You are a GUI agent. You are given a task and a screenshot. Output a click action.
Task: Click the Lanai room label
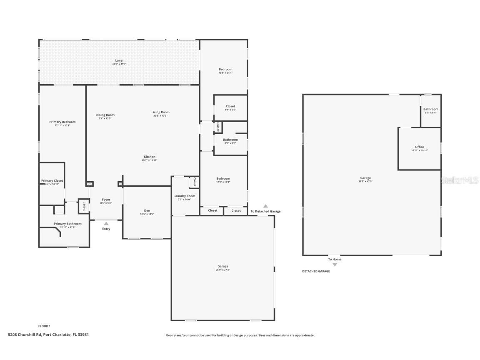coord(119,61)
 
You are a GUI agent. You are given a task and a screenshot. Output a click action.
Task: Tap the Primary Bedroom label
coord(62,122)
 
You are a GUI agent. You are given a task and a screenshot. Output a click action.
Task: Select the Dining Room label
coord(105,115)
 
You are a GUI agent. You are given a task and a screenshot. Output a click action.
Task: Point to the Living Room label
coord(160,112)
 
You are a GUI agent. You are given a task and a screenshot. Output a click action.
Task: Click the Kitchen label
coord(149,157)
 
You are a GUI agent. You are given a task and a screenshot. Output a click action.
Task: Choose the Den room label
coord(147,210)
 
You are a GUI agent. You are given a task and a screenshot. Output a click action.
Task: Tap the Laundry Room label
coord(184,196)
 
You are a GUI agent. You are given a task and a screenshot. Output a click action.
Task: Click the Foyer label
coord(106,200)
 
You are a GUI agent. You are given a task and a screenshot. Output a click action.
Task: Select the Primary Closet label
coord(52,181)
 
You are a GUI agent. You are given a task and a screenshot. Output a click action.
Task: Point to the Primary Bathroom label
coord(67,224)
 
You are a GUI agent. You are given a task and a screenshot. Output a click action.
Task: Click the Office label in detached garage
coord(420,147)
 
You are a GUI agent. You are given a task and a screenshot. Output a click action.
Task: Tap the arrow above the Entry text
coord(106,224)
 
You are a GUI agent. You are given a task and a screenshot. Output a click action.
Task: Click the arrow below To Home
coord(335,265)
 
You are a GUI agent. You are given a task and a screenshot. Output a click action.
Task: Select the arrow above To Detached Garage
coord(265,206)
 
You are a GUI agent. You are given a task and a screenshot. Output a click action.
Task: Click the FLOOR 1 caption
coord(44,326)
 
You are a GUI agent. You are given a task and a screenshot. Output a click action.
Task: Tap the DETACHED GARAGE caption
coord(316,271)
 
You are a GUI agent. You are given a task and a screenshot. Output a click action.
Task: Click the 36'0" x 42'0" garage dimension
coord(365,182)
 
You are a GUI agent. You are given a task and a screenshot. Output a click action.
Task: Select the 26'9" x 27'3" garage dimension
coord(222,270)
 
